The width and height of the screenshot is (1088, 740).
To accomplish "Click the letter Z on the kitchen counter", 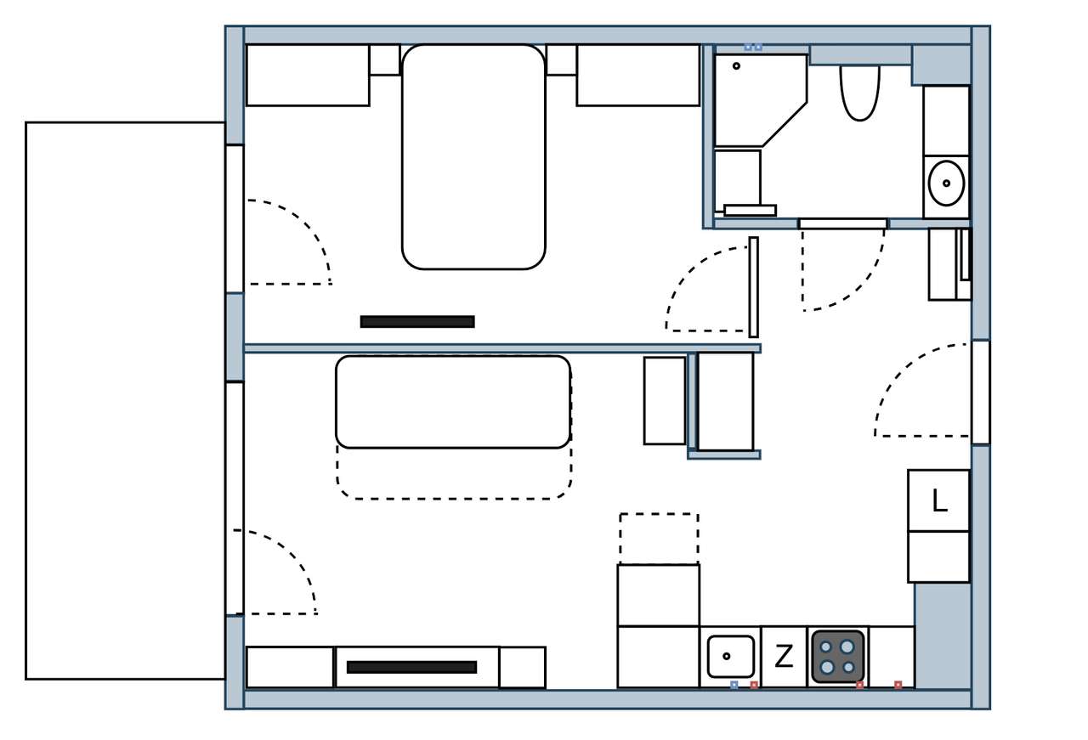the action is coord(784,656).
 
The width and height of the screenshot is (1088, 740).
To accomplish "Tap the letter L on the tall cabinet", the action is coord(940,500).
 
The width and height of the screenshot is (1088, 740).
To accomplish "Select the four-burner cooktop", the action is coord(838,657).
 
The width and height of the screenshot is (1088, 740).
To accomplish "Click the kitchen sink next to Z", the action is coord(730,657).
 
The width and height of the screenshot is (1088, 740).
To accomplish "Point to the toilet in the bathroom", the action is coord(859,93).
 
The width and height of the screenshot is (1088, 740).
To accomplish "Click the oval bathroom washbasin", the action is coord(946,184).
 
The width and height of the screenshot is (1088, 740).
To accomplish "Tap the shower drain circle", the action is coord(736,66).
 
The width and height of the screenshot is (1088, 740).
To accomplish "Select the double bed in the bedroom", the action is coord(473,156).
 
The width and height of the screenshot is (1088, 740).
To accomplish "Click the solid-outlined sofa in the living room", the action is coord(453,402).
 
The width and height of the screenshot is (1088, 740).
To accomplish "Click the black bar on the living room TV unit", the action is coord(412,667).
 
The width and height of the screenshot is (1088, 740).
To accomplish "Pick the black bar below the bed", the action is coord(417,322).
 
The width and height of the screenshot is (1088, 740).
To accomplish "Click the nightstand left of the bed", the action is coord(385,59).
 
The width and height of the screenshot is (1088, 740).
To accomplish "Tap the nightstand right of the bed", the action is coord(562,59).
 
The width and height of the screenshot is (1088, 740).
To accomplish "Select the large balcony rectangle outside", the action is coord(125,401).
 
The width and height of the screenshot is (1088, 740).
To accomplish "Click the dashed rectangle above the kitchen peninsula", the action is coord(659,539).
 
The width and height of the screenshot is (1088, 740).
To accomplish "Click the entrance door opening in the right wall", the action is coord(981,393).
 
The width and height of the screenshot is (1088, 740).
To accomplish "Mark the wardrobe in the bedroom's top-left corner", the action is coord(308,76).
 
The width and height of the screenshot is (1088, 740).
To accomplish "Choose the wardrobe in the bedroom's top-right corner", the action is coord(638,76).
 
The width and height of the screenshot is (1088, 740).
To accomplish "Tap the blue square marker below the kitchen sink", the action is coord(734,685).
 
